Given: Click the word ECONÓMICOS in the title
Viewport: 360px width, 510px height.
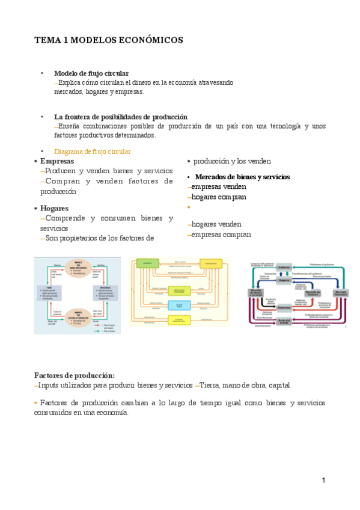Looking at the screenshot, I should click(148, 40).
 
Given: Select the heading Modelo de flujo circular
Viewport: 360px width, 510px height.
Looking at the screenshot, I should click(91, 73).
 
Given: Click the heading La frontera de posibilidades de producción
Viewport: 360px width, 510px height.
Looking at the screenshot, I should click(121, 117).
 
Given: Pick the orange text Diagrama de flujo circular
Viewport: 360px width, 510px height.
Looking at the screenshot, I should click(92, 152).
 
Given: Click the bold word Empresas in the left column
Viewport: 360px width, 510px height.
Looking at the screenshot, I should click(57, 161).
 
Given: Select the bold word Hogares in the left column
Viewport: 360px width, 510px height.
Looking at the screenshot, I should click(55, 208).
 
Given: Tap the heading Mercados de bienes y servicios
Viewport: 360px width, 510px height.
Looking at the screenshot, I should click(242, 177).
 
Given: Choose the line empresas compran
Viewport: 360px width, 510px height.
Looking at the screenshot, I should click(221, 235).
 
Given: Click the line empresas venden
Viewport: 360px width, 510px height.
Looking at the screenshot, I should click(218, 186).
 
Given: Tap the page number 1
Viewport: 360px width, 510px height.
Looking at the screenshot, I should click(323, 480).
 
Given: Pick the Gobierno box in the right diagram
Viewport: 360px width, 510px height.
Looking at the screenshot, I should click(284, 266).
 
